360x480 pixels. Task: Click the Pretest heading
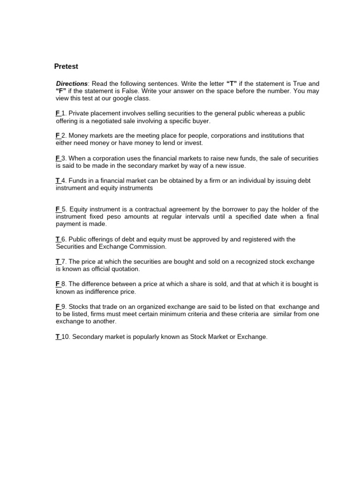click(x=66, y=67)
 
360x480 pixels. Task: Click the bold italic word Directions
click(x=72, y=83)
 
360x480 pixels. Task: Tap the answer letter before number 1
click(x=58, y=113)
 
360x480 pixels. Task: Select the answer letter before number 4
click(x=58, y=180)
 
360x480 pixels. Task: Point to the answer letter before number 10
click(x=58, y=337)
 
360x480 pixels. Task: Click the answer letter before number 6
click(x=58, y=239)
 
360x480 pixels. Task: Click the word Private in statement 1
click(x=79, y=113)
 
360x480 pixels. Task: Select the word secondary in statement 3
click(x=145, y=165)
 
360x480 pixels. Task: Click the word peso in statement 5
click(x=121, y=217)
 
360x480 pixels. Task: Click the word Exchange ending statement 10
click(x=252, y=337)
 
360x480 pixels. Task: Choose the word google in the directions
click(x=118, y=98)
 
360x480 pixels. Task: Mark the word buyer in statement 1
click(x=200, y=121)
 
